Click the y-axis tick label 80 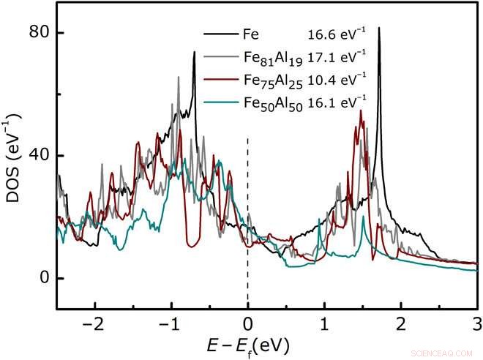(x=38, y=33)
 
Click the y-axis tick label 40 (x=38, y=156)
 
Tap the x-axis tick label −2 (x=92, y=324)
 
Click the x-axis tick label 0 (x=248, y=324)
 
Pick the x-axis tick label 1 (x=324, y=324)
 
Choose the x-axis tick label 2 (x=400, y=324)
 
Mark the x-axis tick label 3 (x=476, y=324)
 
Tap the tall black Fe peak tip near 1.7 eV (x=378, y=29)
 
